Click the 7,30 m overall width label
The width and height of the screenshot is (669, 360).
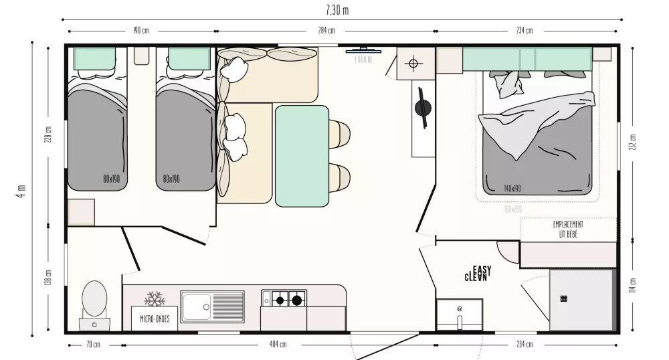pyautogui.click(x=337, y=10)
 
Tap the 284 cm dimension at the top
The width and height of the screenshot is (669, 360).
pyautogui.click(x=326, y=31)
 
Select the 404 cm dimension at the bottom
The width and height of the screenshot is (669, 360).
pyautogui.click(x=278, y=345)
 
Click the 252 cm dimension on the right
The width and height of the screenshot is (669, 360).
pyautogui.click(x=633, y=142)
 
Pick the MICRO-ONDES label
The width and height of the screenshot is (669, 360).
pyautogui.click(x=155, y=319)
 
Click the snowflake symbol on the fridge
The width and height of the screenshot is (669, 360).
pyautogui.click(x=155, y=298)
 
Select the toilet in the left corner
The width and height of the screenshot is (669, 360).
pyautogui.click(x=94, y=300)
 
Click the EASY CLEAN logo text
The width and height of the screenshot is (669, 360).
pyautogui.click(x=478, y=274)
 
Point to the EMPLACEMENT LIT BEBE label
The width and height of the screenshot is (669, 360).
pyautogui.click(x=568, y=230)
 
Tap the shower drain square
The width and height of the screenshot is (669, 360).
pyautogui.click(x=564, y=298)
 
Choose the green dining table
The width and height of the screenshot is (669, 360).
pyautogui.click(x=302, y=156)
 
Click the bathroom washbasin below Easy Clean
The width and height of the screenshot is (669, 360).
pyautogui.click(x=460, y=314)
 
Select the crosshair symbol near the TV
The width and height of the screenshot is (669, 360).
pyautogui.click(x=413, y=64)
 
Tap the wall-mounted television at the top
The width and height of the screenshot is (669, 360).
pyautogui.click(x=363, y=50)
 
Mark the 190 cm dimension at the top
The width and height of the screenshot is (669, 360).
pyautogui.click(x=140, y=31)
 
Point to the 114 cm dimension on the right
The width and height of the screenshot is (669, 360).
pyautogui.click(x=633, y=286)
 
